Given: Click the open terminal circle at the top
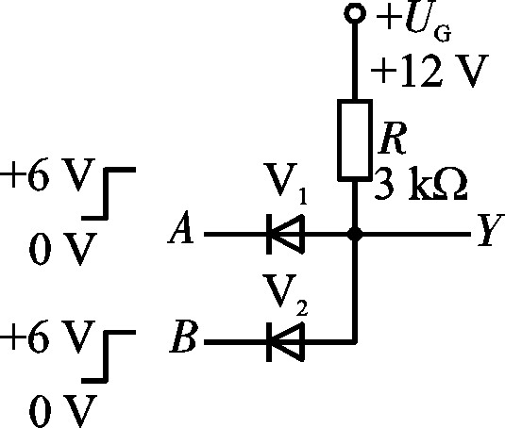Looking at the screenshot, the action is coord(355,13).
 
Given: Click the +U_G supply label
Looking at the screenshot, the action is coord(413,24).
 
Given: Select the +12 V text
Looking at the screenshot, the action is coord(429,71).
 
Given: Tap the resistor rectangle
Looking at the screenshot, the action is coord(355,140).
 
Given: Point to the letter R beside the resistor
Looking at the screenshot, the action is coord(393,138).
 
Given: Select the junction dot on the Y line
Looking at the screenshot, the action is coord(355,234).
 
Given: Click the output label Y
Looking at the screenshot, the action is coord(490,230).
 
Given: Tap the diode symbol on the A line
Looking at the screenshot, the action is coord(285,234).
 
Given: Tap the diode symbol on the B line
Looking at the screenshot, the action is coord(285,342).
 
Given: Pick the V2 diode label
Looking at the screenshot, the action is coord(286,294).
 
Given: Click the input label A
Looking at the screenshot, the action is coord(181,227).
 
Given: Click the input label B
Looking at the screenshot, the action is coord(182,336).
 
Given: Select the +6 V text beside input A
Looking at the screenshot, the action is coord(47,174).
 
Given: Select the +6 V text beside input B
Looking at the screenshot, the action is coord(47,337).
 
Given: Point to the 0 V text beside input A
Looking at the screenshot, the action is coord(63,248).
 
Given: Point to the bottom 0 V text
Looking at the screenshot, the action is coord(63,410).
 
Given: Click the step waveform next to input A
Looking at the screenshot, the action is coord(106,193).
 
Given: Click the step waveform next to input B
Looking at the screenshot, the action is coord(106,356).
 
